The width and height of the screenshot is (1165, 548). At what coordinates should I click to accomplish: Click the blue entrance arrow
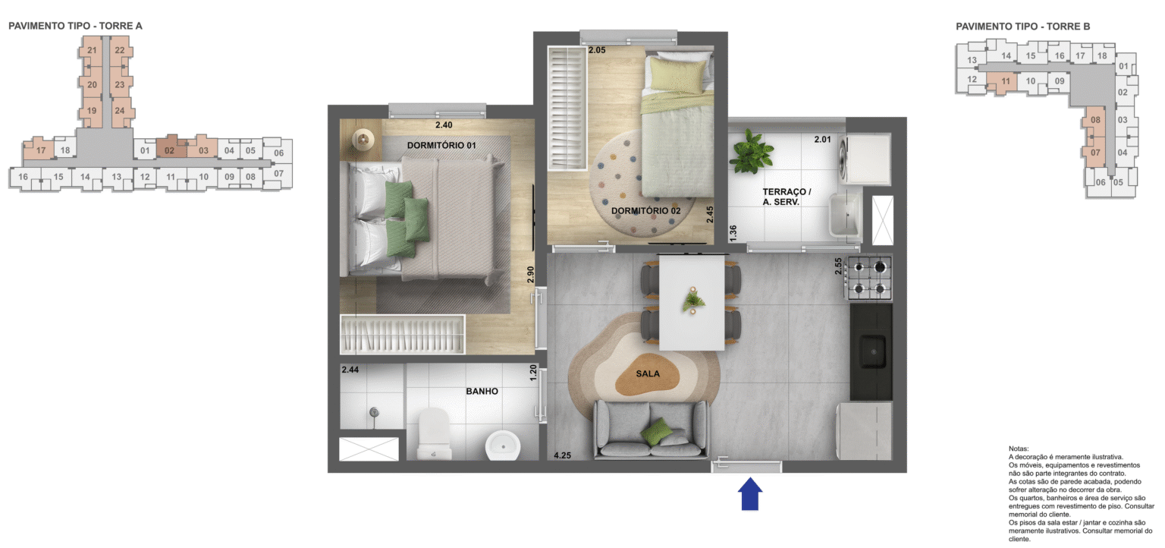[x=750, y=493]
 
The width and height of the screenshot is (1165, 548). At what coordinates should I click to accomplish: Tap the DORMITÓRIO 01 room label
[x=441, y=145]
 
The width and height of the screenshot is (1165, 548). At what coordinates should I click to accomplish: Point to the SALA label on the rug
[x=648, y=373]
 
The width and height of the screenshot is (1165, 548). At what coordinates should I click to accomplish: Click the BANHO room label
[x=482, y=392]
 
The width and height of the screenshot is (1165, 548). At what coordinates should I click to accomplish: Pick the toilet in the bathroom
[x=435, y=436]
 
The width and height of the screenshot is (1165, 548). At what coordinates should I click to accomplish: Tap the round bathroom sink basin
[x=501, y=444]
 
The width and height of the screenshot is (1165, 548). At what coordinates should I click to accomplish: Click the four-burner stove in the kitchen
[x=870, y=278]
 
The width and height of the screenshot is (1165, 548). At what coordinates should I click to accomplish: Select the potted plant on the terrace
[x=751, y=150]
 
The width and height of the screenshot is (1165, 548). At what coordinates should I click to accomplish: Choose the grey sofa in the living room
[x=650, y=429]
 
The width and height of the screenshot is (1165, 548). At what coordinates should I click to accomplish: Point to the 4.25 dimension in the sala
[x=562, y=455]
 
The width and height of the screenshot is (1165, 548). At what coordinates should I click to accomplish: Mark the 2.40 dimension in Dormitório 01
[x=444, y=125]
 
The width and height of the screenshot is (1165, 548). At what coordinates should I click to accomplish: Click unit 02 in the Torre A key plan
[x=169, y=150]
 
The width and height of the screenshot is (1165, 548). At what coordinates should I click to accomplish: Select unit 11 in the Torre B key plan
[x=1006, y=81]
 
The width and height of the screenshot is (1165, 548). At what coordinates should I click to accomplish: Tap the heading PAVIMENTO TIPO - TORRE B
[x=1022, y=27]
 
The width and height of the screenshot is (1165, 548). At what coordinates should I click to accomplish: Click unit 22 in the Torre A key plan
[x=119, y=51]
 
